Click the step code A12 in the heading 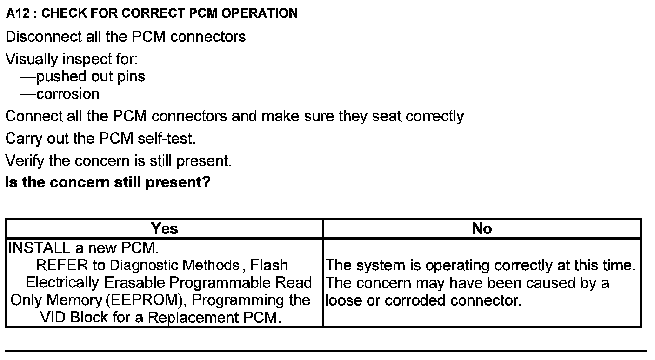tap(18, 13)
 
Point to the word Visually tap(32, 60)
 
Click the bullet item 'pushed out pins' tap(90, 77)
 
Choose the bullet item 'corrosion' tap(67, 94)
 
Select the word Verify tap(25, 161)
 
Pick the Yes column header tap(164, 229)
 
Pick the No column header tap(481, 229)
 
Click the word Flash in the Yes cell tap(269, 266)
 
